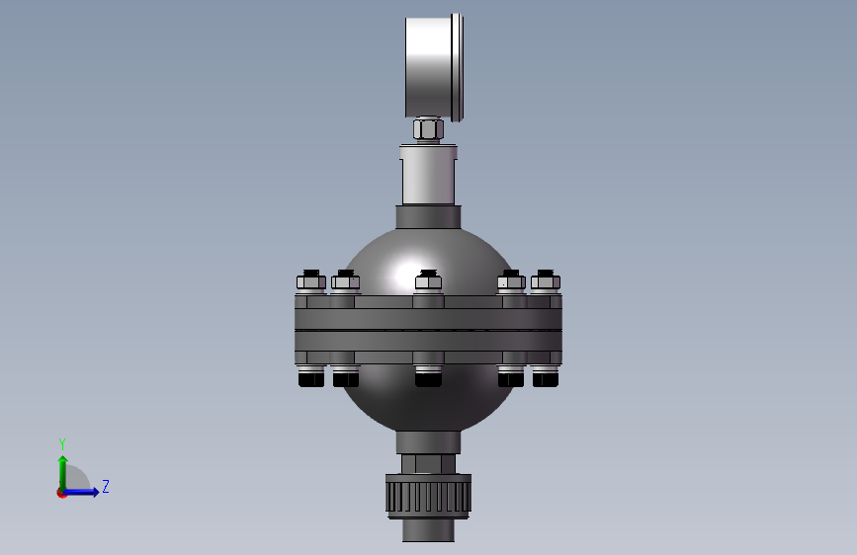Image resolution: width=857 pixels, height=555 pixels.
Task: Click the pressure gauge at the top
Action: [434, 66]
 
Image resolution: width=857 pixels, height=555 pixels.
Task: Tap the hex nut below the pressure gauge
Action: [428, 130]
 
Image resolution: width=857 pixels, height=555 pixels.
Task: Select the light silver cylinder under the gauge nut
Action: [429, 174]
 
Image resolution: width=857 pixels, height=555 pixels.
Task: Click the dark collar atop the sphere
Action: [429, 217]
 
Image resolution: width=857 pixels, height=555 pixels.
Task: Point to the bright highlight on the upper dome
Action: [407, 274]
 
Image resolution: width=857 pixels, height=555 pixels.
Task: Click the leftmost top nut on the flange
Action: [311, 281]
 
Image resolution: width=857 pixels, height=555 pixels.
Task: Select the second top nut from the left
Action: [345, 281]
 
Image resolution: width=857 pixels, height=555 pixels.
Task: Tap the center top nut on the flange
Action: [429, 281]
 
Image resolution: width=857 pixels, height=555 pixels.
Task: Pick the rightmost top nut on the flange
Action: [546, 281]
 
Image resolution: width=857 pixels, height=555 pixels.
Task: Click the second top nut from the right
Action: [511, 281]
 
